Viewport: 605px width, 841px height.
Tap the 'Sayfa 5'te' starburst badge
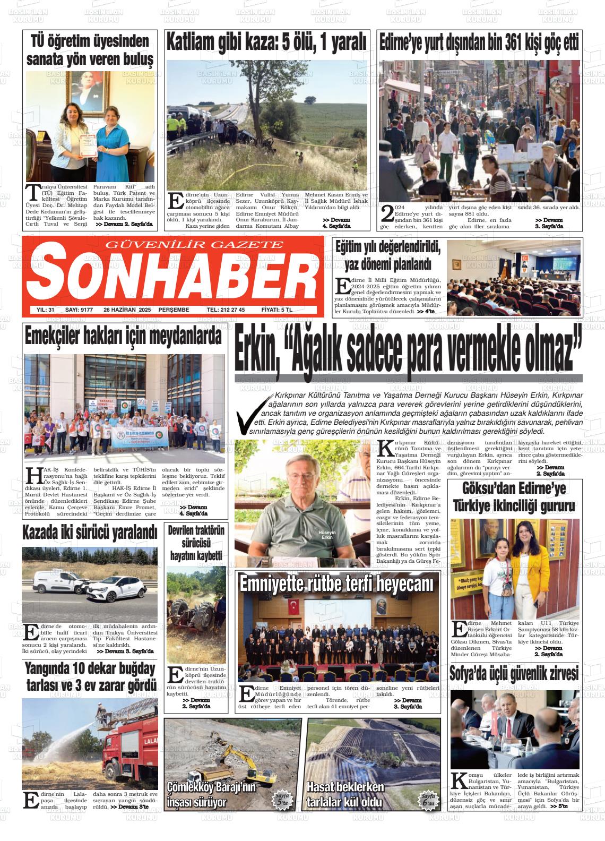(282, 800)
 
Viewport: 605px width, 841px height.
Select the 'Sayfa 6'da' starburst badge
(427, 800)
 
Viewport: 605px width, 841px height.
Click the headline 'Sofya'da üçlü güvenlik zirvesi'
(514, 674)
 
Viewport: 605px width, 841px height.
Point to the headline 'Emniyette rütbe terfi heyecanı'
(337, 584)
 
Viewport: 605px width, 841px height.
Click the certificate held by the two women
(89, 148)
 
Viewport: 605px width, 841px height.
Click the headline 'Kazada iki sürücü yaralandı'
(90, 533)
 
